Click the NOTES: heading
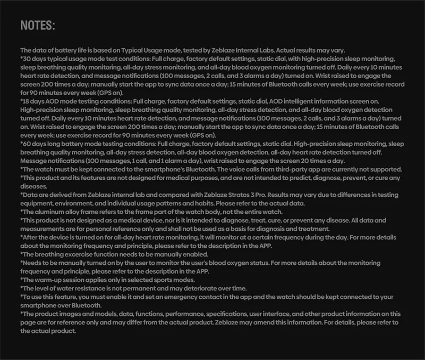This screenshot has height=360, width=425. (37, 26)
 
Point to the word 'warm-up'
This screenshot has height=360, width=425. (49, 280)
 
